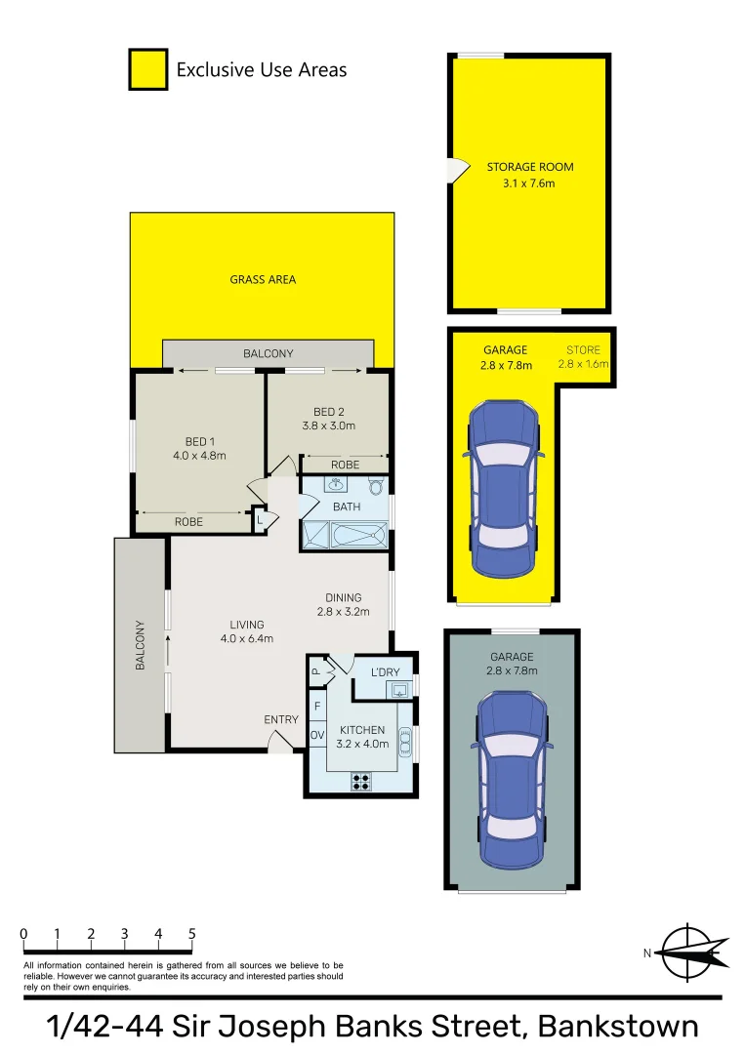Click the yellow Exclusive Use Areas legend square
147,70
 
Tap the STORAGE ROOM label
530,167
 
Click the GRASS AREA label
263,279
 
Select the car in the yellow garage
503,488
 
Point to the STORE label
583,349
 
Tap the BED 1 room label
199,441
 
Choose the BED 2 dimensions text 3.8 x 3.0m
329,425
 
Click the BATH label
347,507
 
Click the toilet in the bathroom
375,486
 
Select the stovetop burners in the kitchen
362,781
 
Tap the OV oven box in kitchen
317,734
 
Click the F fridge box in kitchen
317,705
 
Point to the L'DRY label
386,671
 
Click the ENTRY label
281,719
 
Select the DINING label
344,598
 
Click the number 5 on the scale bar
191,934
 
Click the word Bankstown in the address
619,1027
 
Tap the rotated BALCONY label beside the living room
140,644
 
